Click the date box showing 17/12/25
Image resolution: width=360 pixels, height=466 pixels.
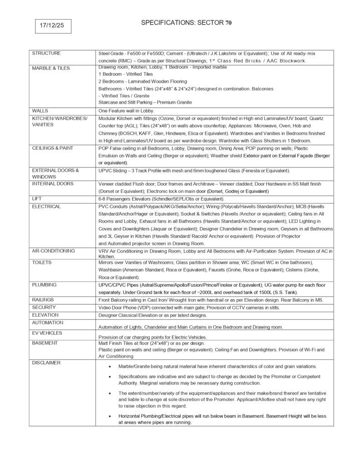(x=52, y=26)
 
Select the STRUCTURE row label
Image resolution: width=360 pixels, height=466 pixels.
(x=46, y=53)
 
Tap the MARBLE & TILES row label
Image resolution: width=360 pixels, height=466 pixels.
(x=51, y=68)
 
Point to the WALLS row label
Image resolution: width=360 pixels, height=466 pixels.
(x=40, y=111)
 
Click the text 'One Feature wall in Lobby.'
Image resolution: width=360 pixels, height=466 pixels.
(x=127, y=111)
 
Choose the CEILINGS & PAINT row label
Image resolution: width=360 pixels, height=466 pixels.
(x=52, y=148)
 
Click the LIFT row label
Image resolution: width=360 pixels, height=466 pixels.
(x=37, y=199)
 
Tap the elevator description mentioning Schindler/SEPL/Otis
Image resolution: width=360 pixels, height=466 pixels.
(x=161, y=199)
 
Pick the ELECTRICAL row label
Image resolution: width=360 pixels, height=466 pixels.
(x=46, y=206)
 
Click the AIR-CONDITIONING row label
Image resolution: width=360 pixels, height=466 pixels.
(x=53, y=251)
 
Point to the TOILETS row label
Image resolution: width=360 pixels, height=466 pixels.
(x=42, y=263)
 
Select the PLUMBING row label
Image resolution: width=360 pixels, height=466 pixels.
(x=44, y=284)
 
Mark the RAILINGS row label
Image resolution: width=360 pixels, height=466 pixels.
(x=43, y=299)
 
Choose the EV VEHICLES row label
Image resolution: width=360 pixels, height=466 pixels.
(x=47, y=333)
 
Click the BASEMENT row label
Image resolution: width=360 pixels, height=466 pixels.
(x=45, y=343)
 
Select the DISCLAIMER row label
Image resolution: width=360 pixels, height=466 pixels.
(x=46, y=363)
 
